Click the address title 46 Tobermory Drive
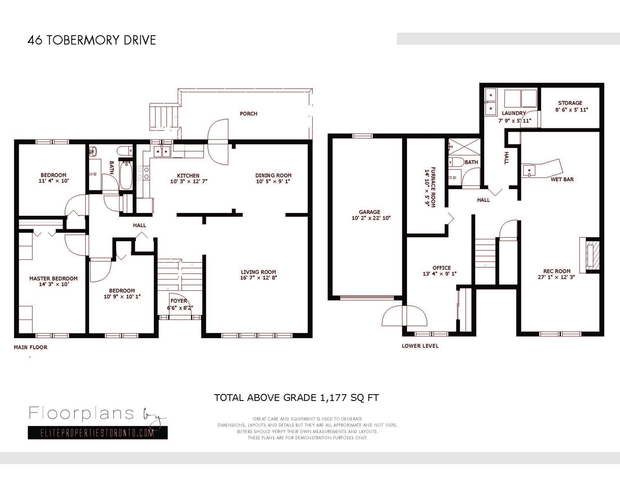pyautogui.click(x=92, y=40)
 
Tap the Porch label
pyautogui.click(x=248, y=114)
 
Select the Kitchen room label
pyautogui.click(x=188, y=176)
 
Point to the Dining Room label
pyautogui.click(x=273, y=175)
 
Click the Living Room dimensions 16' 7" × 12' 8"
pyautogui.click(x=258, y=278)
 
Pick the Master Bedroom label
pyautogui.click(x=53, y=279)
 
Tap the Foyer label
pyautogui.click(x=179, y=301)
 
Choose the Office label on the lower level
pyautogui.click(x=442, y=268)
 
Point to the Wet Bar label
pyautogui.click(x=562, y=179)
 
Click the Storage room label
pyautogui.click(x=570, y=103)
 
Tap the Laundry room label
pyautogui.click(x=514, y=113)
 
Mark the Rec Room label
pyautogui.click(x=557, y=271)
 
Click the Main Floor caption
pyautogui.click(x=31, y=347)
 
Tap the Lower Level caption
pyautogui.click(x=420, y=346)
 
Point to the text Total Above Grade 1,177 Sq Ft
pyautogui.click(x=297, y=398)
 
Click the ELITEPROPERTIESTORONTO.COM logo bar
pyautogui.click(x=98, y=433)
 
